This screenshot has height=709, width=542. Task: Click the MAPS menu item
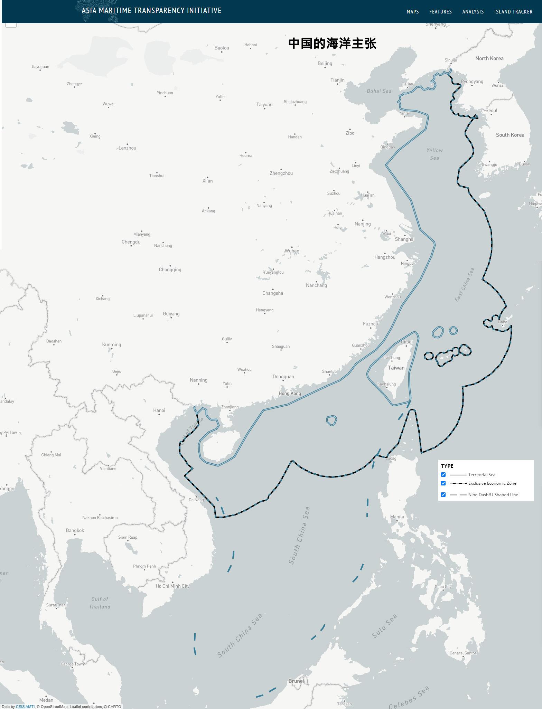click(x=412, y=12)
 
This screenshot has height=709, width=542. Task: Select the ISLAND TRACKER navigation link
click(x=513, y=12)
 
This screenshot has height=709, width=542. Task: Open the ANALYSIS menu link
click(x=473, y=12)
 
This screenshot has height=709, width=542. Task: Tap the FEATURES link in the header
click(x=440, y=12)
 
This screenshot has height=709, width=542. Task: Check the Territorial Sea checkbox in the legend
click(x=443, y=474)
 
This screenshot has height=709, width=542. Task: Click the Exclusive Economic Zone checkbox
click(x=443, y=483)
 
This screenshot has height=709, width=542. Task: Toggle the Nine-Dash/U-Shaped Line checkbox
click(x=443, y=494)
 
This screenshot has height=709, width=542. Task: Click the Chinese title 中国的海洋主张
click(x=332, y=44)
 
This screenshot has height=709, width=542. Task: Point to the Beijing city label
click(x=325, y=63)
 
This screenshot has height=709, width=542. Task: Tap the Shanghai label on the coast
click(x=404, y=239)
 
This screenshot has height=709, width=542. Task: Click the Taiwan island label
click(x=396, y=368)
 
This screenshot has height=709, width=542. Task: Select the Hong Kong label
click(x=290, y=393)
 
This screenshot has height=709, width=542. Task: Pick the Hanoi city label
click(x=159, y=410)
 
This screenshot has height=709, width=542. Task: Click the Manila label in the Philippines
click(x=397, y=517)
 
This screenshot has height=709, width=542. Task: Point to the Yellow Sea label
click(x=434, y=154)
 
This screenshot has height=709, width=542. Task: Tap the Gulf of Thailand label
click(x=100, y=603)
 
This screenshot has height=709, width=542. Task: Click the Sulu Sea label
click(x=384, y=626)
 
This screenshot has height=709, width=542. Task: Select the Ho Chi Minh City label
click(x=172, y=586)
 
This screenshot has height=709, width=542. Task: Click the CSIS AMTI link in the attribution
click(x=25, y=707)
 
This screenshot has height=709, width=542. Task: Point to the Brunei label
click(x=296, y=681)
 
